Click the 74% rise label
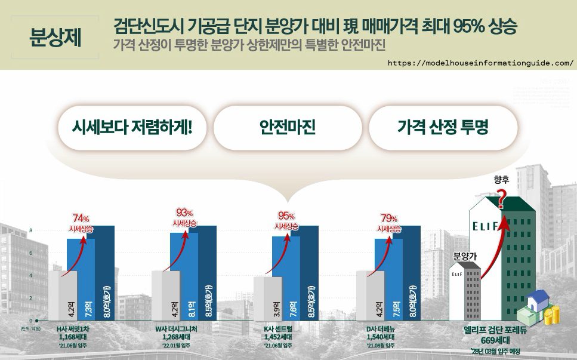click(81, 222)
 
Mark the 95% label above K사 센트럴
click(287, 221)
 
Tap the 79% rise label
click(390, 222)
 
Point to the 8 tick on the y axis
click(31, 230)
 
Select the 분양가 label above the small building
click(466, 256)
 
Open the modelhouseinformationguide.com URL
click(480, 63)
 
